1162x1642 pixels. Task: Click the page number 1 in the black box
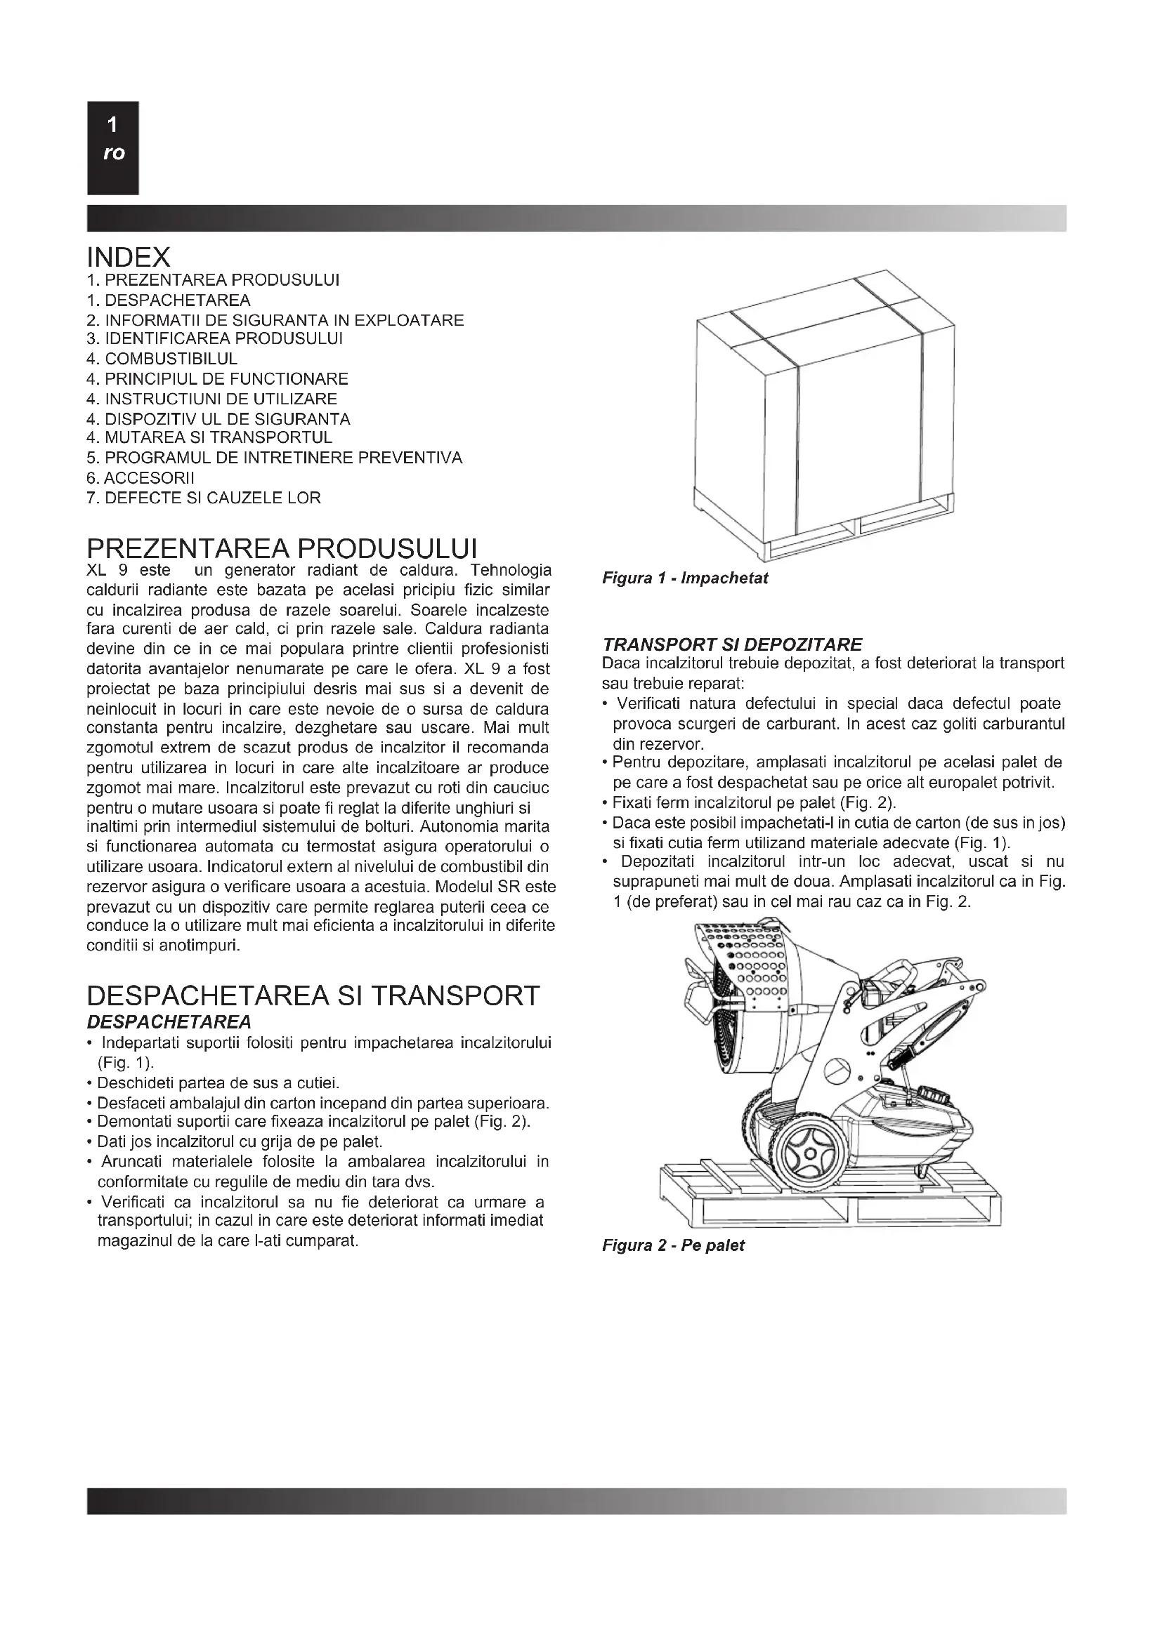[112, 125]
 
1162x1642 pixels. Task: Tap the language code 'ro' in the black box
[113, 153]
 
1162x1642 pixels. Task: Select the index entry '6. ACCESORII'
[141, 478]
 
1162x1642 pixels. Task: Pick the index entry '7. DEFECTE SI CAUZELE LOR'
[203, 498]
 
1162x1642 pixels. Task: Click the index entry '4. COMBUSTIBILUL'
[162, 359]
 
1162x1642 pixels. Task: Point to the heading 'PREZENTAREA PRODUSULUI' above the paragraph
[282, 549]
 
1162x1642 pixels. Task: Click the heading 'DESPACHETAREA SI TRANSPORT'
[313, 995]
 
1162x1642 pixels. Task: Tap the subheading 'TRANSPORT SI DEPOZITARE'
[733, 644]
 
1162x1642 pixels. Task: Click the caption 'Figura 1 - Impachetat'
[685, 578]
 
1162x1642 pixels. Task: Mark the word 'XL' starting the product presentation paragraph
[96, 571]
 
